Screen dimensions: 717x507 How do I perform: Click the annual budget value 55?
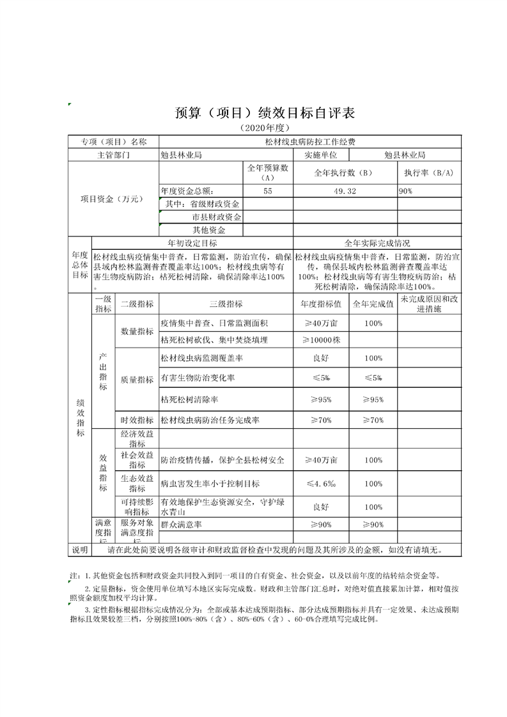click(267, 191)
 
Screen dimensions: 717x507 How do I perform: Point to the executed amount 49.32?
click(345, 191)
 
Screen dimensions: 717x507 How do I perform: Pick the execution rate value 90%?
click(406, 191)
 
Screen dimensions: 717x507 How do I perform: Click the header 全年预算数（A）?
click(268, 173)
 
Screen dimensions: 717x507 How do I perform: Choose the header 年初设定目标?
click(192, 243)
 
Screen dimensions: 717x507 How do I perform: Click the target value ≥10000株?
click(320, 339)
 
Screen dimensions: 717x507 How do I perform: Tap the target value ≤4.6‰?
click(320, 484)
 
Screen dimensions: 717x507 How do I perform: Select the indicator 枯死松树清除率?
click(190, 399)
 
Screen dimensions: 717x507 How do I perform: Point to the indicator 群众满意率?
click(182, 525)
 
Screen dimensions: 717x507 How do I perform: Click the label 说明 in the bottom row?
click(80, 550)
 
